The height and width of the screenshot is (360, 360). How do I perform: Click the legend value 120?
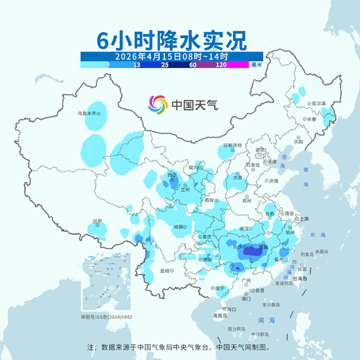[221, 65]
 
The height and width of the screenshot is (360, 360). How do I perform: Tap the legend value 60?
[193, 65]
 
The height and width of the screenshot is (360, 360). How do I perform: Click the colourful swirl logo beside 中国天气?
[158, 104]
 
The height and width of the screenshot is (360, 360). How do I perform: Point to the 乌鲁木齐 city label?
[88, 113]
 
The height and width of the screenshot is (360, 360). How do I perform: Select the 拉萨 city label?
[98, 221]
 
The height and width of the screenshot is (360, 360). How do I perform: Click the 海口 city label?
[230, 308]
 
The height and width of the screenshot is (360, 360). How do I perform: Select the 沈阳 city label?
[298, 141]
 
